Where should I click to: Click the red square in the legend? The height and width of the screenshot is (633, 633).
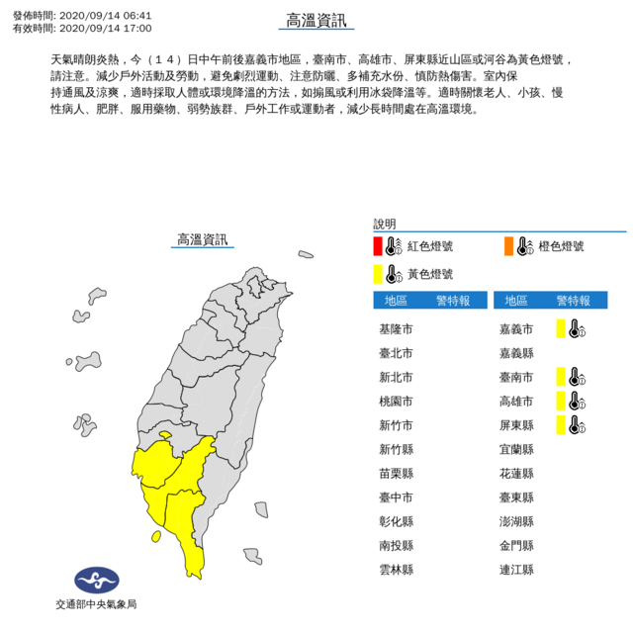(378, 246)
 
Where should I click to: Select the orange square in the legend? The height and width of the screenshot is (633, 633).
(508, 246)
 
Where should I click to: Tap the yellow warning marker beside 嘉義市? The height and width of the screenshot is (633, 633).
(560, 328)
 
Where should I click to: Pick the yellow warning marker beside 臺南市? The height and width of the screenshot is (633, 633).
(560, 376)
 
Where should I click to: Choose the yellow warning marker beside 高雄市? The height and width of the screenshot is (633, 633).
(560, 401)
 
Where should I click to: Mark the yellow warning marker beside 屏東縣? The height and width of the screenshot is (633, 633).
(560, 424)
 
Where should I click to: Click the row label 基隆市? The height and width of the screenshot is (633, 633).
(396, 328)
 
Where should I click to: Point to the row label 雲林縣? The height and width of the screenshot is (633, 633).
(396, 570)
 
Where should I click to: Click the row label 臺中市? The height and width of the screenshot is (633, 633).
(396, 497)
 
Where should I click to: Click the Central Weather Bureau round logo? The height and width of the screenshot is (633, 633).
(95, 581)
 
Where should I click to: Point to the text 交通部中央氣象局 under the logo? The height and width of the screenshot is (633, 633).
(95, 603)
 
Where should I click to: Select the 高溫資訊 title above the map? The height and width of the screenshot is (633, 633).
(201, 239)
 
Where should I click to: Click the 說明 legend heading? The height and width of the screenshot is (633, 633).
(384, 224)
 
